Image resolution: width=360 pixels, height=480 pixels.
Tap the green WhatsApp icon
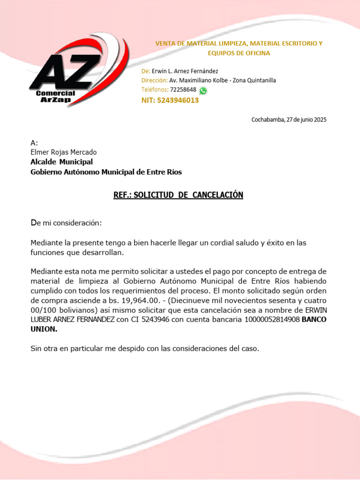click(x=203, y=90)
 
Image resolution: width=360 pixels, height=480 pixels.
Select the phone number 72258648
click(x=183, y=90)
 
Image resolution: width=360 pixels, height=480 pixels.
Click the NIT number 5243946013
click(x=178, y=100)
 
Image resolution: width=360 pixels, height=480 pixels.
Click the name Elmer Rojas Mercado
click(x=63, y=152)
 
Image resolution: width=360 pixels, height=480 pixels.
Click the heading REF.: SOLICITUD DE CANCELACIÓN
click(x=178, y=195)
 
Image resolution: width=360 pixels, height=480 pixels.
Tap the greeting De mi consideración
click(x=66, y=223)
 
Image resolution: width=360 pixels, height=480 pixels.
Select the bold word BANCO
click(x=315, y=320)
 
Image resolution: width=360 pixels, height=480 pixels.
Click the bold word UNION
click(x=44, y=330)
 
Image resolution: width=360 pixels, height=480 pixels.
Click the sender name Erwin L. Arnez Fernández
click(x=185, y=71)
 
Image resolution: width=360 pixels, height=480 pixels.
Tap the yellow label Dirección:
click(x=154, y=80)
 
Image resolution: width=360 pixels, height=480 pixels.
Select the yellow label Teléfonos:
click(x=155, y=90)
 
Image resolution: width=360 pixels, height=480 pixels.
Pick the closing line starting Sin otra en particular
click(x=144, y=349)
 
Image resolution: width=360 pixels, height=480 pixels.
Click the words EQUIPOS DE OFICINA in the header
click(x=239, y=53)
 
